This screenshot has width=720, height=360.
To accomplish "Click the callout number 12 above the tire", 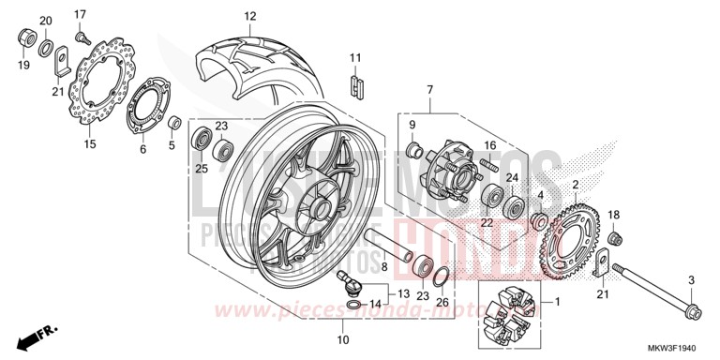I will pyautogui.click(x=249, y=16).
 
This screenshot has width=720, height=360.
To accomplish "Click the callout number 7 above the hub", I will pyautogui.click(x=429, y=90).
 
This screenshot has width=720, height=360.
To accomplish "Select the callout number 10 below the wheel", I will pyautogui.click(x=343, y=338).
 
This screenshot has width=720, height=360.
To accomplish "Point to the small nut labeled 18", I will pyautogui.click(x=614, y=236).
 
